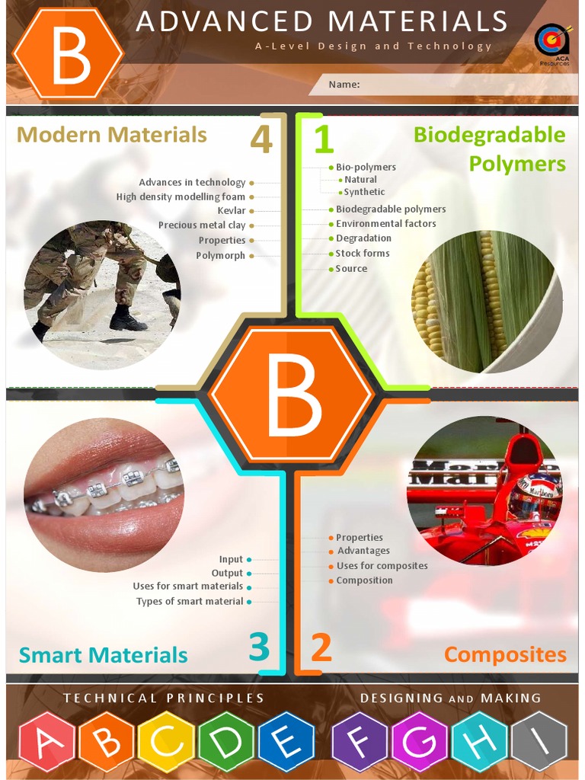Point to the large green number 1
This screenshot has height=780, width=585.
tap(324, 140)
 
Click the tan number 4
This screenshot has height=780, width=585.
tap(261, 140)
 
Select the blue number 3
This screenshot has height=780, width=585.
tap(259, 647)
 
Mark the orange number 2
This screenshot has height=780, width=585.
tap(321, 647)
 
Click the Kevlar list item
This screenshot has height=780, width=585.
tap(232, 211)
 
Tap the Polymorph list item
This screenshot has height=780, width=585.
tap(220, 255)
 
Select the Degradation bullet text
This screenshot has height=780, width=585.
tap(363, 238)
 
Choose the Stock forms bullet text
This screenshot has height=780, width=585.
tap(363, 253)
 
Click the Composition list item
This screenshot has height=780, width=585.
tap(365, 580)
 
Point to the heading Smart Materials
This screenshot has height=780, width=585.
tap(103, 655)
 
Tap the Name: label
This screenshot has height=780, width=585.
tap(344, 85)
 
